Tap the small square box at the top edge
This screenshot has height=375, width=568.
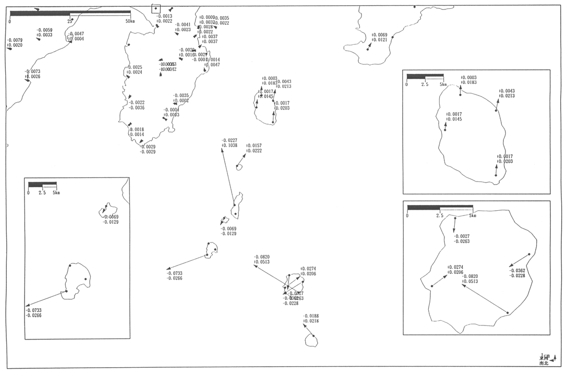click(x=155, y=8)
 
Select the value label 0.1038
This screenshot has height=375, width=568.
click(x=229, y=146)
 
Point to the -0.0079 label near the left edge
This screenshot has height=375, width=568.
click(x=14, y=40)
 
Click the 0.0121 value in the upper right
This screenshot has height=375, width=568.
click(x=380, y=40)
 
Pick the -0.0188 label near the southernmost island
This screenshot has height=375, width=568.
click(x=311, y=316)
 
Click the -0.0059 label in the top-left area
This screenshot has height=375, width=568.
click(x=44, y=30)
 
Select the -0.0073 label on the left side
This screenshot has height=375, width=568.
click(x=32, y=71)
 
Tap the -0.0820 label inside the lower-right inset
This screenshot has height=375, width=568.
click(x=470, y=276)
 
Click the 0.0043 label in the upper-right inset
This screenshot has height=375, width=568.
click(x=506, y=91)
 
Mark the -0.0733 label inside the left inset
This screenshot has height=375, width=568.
click(x=34, y=310)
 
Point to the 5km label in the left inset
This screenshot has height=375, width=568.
click(x=56, y=192)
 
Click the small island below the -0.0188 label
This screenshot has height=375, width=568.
click(x=312, y=340)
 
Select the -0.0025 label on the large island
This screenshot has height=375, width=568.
click(x=134, y=67)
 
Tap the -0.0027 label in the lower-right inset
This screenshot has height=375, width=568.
click(x=462, y=236)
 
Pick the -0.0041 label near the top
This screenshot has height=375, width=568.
click(x=183, y=25)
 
